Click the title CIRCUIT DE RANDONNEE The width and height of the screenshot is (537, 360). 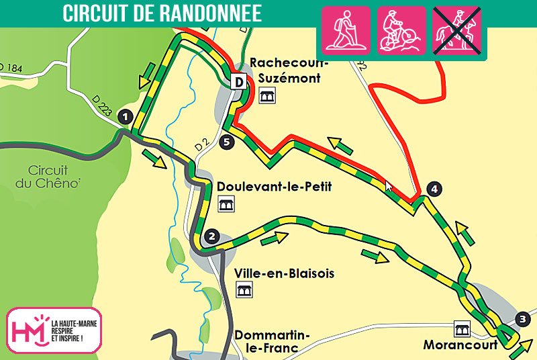pyautogui.click(x=162, y=13)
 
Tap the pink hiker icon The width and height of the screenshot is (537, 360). pyautogui.click(x=346, y=30)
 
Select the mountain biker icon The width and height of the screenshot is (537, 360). pyautogui.click(x=401, y=30)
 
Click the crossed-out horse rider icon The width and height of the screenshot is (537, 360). pyautogui.click(x=456, y=30)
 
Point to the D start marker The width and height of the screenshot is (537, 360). pyautogui.click(x=238, y=82)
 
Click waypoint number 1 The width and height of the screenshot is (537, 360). pyautogui.click(x=124, y=116)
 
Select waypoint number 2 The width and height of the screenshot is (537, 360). pyautogui.click(x=211, y=236)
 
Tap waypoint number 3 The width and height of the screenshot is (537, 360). pyautogui.click(x=523, y=319)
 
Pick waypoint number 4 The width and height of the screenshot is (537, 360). pyautogui.click(x=434, y=189)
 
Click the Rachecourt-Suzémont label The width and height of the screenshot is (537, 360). pyautogui.click(x=289, y=71)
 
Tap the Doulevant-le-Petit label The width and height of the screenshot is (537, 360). pyautogui.click(x=274, y=186)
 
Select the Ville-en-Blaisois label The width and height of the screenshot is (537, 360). pyautogui.click(x=284, y=273)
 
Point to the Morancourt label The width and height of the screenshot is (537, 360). pyautogui.click(x=460, y=345)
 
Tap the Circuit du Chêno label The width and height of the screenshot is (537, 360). pyautogui.click(x=54, y=177)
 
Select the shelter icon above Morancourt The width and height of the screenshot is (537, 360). pyautogui.click(x=462, y=328)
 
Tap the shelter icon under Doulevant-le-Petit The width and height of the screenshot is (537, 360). pyautogui.click(x=226, y=204)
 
